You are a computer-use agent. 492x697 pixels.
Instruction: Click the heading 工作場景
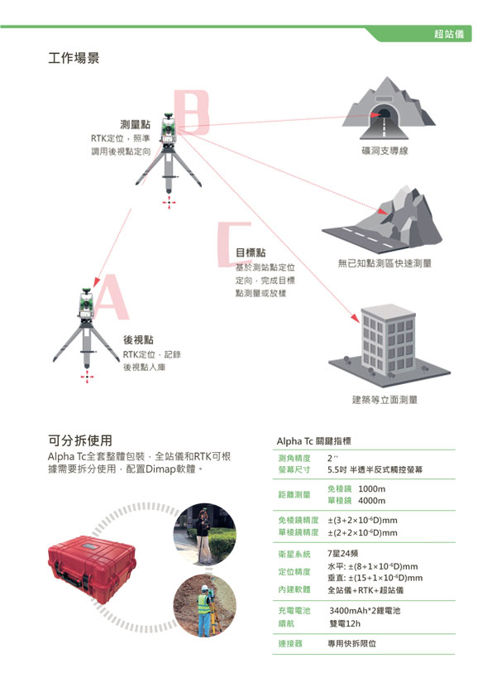coord(74,58)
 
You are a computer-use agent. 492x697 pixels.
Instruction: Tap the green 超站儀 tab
coord(448,34)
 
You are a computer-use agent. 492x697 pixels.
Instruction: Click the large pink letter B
coord(191,112)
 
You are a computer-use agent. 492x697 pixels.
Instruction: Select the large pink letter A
coord(111,297)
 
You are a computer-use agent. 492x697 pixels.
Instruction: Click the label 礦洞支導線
coord(385,151)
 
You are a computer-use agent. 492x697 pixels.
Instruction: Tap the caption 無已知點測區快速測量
coord(385,263)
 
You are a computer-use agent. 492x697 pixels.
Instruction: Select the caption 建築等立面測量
coord(385,400)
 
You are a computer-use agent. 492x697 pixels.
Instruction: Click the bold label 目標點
coord(251,252)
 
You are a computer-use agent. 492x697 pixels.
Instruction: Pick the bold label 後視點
coord(138,339)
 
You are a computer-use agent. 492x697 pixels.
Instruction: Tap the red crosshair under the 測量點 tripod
coord(169,203)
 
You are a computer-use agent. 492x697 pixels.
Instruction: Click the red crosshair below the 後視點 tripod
coord(87,377)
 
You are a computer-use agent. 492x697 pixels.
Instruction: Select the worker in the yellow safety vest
coord(204,610)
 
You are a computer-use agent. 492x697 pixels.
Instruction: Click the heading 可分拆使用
coord(80,440)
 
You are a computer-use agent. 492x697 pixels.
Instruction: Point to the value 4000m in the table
coord(371,501)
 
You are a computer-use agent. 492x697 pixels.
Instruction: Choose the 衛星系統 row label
coord(294,554)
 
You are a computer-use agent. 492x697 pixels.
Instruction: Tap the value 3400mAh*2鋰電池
coord(365,611)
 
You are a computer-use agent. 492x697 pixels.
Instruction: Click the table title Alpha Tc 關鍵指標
coord(313,441)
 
